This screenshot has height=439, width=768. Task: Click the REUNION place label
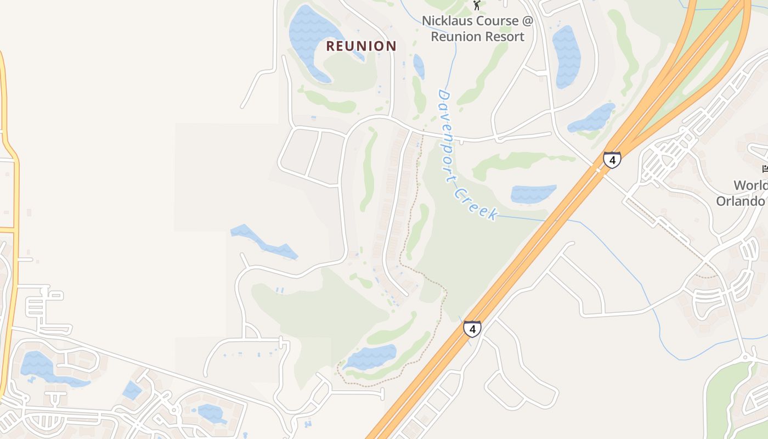(x=361, y=46)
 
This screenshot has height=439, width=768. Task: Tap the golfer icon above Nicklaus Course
(x=477, y=5)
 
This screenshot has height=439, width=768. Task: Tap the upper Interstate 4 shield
(x=612, y=160)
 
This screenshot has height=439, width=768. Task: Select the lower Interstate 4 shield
(x=472, y=329)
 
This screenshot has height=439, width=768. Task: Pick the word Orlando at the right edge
(x=741, y=201)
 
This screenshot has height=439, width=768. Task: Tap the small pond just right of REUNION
(x=419, y=66)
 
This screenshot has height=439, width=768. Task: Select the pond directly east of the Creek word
(x=532, y=194)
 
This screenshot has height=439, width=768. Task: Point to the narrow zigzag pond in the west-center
(x=263, y=241)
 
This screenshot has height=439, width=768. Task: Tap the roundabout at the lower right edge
(x=746, y=357)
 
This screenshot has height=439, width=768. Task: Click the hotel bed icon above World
(x=765, y=168)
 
